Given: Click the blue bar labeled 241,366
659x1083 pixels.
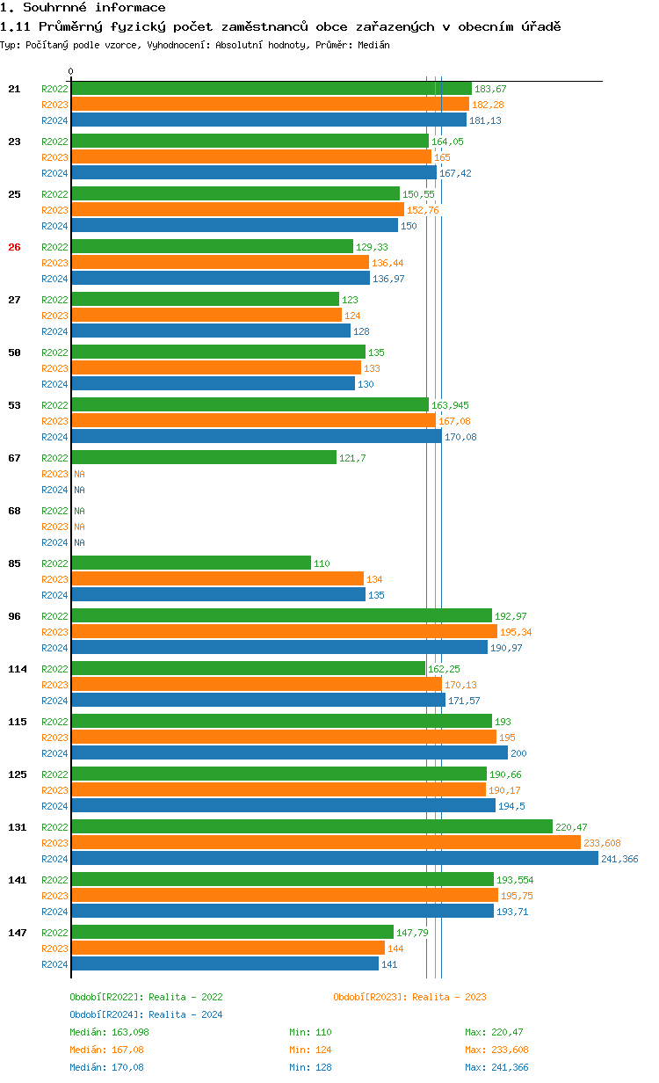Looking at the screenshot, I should coord(334,859).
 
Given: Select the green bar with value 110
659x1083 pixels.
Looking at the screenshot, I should coord(191,563).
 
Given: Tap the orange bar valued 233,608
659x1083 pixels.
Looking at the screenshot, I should coord(325,843).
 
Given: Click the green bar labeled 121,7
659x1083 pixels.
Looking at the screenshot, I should coord(203,458).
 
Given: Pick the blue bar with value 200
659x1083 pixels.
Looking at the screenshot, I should coord(289,753).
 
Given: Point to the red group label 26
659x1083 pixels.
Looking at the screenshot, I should coord(14,247).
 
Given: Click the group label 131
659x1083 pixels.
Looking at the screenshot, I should coord(17,827).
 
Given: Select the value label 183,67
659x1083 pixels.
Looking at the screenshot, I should coord(490,89).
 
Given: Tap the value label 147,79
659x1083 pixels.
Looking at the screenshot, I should coord(412,933).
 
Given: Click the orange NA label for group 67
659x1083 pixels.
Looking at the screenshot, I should coord(79,474).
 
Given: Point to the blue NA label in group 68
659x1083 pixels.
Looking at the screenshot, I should coord(79,542).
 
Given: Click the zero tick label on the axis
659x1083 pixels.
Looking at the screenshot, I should coord(71,71).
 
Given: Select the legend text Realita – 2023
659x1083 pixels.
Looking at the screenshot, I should coord(449,997).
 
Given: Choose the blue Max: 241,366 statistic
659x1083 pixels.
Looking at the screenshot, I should coord(496,1067).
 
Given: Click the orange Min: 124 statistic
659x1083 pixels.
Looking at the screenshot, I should coord(309,1050).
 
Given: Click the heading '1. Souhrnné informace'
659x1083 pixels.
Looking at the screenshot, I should coord(83,8).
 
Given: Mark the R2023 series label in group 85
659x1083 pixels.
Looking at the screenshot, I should coord(54,579).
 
